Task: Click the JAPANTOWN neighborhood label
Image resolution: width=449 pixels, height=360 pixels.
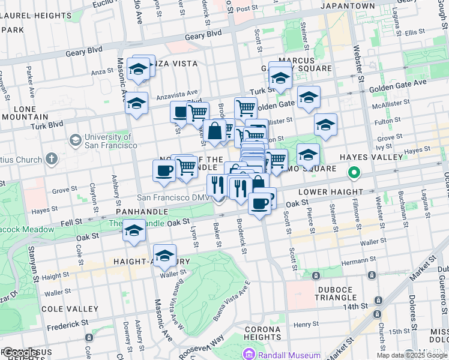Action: pos(348,5)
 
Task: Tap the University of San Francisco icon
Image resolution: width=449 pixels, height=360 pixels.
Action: pos(75,140)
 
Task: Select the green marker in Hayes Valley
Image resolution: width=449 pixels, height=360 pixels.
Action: pos(354,174)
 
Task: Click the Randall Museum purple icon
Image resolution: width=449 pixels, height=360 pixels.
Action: pos(249,355)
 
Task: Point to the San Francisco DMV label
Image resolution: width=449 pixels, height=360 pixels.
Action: pos(173,197)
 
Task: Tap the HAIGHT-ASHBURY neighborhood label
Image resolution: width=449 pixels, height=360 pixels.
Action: pos(151,262)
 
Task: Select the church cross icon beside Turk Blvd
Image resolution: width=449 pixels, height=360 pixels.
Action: pos(52,159)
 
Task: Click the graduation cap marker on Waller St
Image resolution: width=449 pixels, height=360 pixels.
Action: pos(165,255)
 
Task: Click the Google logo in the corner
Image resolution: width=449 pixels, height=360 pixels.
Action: pos(22,353)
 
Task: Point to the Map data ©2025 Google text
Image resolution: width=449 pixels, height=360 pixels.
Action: pos(412,355)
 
